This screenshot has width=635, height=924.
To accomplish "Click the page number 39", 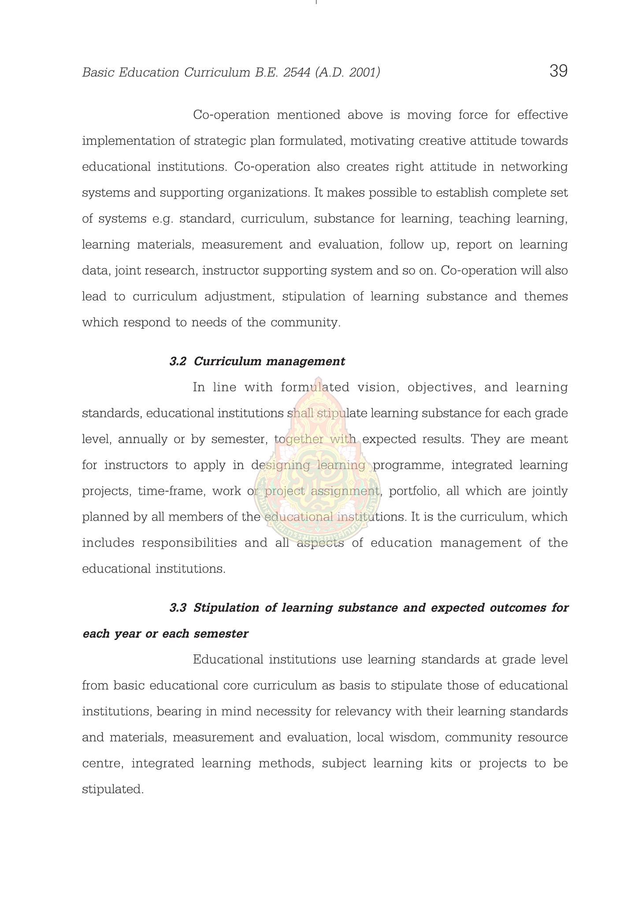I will [558, 71].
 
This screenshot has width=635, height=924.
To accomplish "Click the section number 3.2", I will [178, 362].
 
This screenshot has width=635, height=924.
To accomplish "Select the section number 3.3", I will [178, 608].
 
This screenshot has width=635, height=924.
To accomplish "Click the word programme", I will [408, 466].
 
